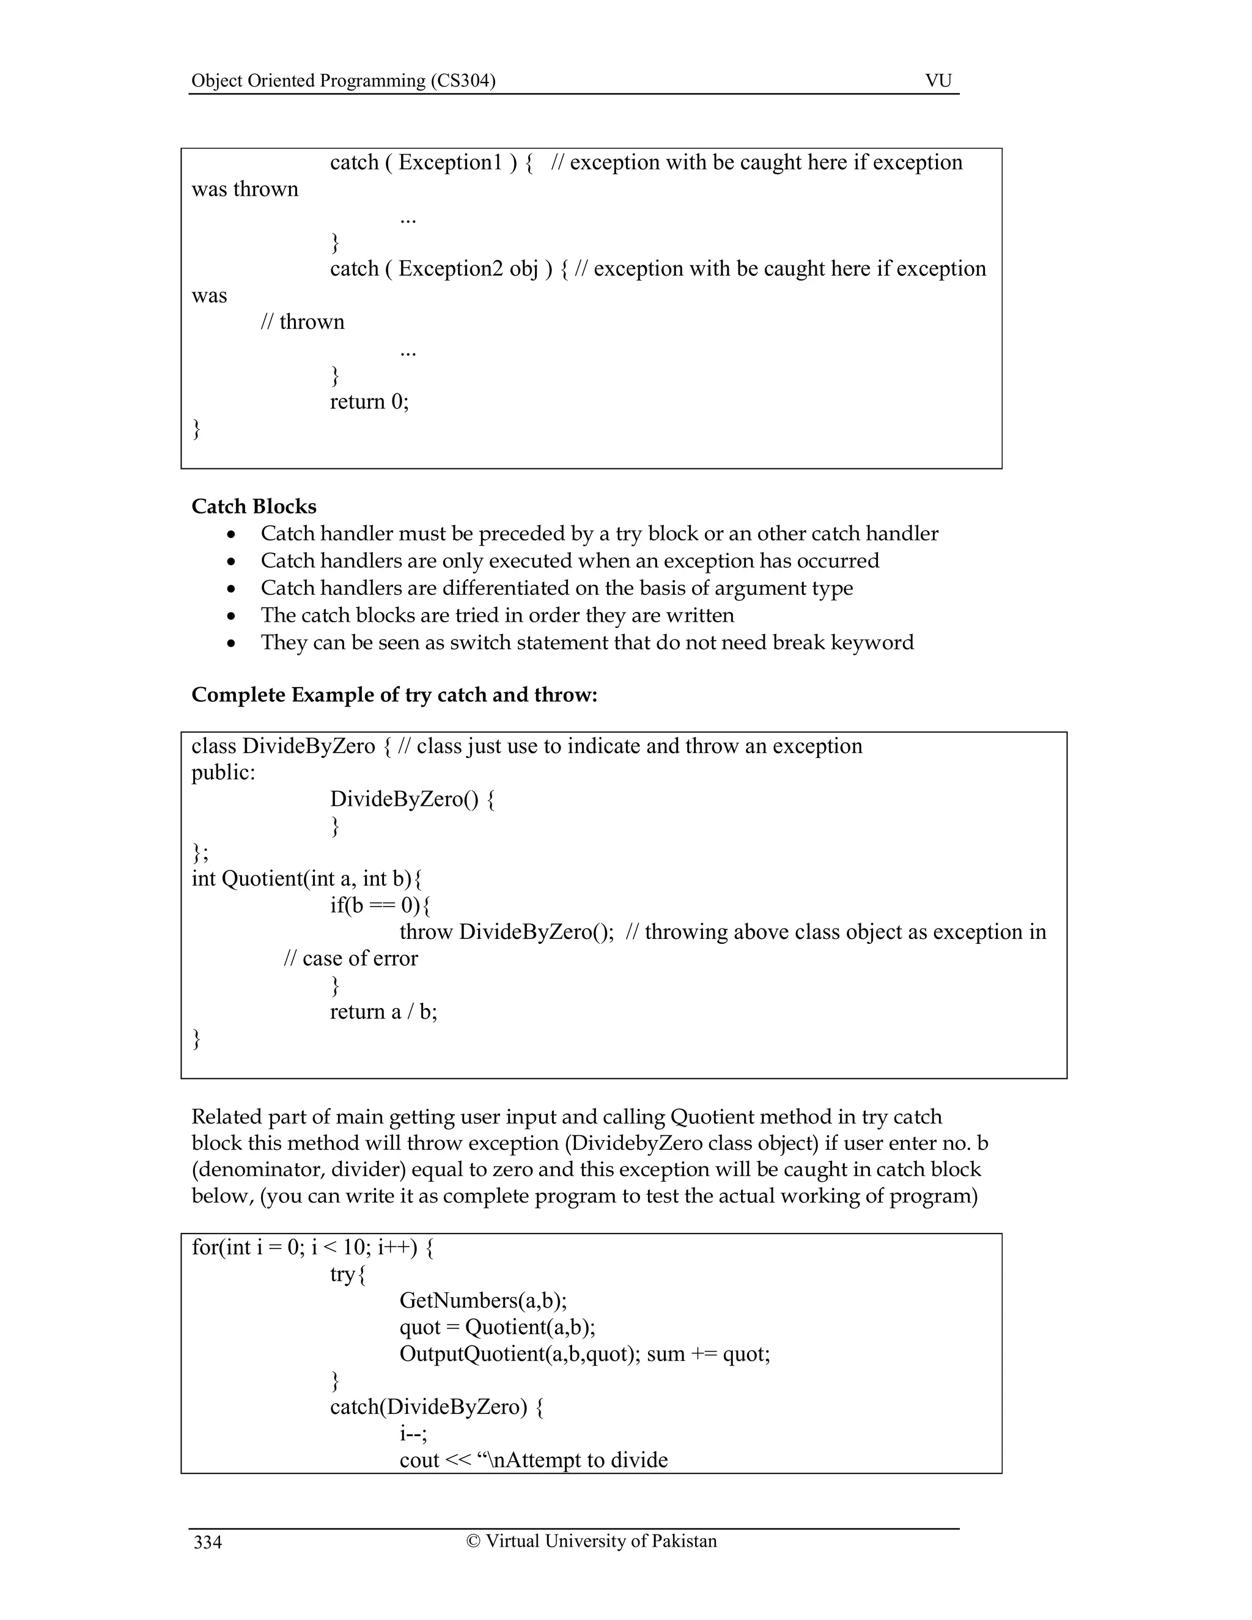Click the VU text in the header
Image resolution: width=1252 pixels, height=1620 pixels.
pos(938,81)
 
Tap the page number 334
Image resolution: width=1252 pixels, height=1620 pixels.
pos(208,1543)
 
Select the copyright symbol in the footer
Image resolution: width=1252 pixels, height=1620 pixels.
pos(473,1541)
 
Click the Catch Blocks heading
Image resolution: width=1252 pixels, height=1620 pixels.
pos(254,507)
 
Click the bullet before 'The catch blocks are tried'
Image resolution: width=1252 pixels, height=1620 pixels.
pos(233,616)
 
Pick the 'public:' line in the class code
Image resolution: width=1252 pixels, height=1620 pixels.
pos(223,773)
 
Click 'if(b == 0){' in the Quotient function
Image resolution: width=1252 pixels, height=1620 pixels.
pos(380,906)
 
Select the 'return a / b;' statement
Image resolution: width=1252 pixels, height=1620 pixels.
pos(383,1012)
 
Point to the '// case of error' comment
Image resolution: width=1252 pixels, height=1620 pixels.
pos(351,959)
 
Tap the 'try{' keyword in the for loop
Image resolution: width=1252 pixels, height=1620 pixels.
pos(348,1275)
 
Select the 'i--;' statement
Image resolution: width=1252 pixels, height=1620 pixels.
pos(413,1434)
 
